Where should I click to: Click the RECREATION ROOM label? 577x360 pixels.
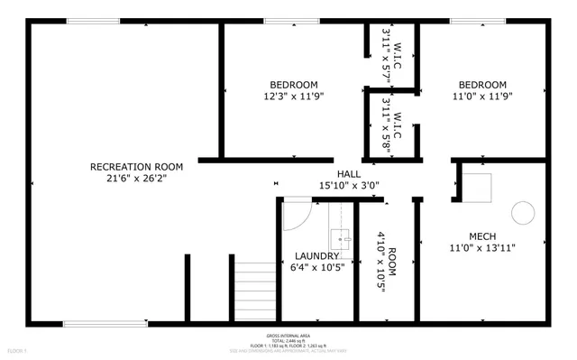pyautogui.click(x=136, y=166)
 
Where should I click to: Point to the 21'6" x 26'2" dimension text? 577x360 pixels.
pyautogui.click(x=136, y=179)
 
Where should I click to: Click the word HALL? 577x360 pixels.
pyautogui.click(x=349, y=173)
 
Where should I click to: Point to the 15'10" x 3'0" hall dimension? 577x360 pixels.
pyautogui.click(x=349, y=186)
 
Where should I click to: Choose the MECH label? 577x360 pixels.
pyautogui.click(x=481, y=235)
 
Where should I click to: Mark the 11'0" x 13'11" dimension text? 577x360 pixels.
pyautogui.click(x=481, y=248)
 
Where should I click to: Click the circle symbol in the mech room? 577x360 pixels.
pyautogui.click(x=523, y=212)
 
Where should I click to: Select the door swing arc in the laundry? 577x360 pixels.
pyautogui.click(x=298, y=214)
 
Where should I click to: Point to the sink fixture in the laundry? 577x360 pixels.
pyautogui.click(x=340, y=239)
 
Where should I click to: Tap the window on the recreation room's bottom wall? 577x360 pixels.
pyautogui.click(x=105, y=322)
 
